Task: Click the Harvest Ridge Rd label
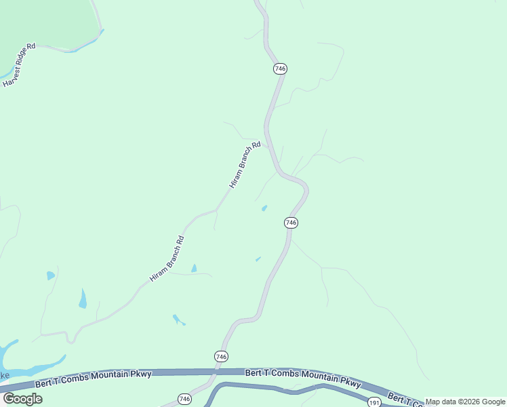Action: (x=19, y=66)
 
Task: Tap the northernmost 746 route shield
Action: (x=281, y=69)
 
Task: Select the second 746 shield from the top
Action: (x=291, y=222)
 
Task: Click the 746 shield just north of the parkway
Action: (x=221, y=356)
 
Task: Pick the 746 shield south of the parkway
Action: (x=184, y=399)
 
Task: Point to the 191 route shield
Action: (x=374, y=402)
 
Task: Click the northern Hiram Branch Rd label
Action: (x=245, y=165)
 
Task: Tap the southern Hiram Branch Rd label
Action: (x=167, y=259)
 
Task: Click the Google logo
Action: (x=22, y=399)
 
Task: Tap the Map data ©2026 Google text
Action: (x=465, y=402)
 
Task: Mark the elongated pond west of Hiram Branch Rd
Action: (x=83, y=298)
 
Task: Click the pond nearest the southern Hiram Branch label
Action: (x=194, y=269)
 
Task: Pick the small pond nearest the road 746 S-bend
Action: (x=264, y=208)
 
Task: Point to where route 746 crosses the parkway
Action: (x=216, y=372)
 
